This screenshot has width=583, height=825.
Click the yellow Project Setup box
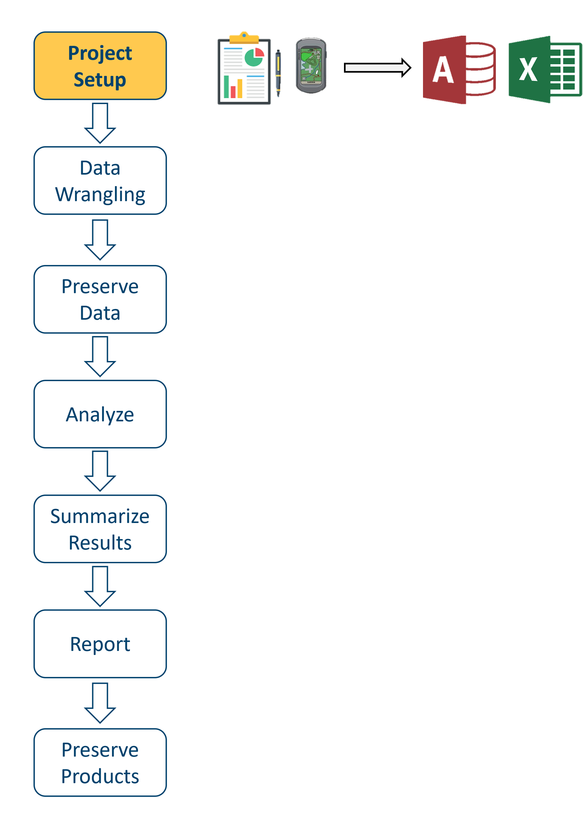[100, 66]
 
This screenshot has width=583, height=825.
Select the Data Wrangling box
[100, 181]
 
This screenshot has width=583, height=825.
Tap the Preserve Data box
[100, 299]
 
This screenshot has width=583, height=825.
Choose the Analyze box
[100, 414]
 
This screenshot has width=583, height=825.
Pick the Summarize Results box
[100, 529]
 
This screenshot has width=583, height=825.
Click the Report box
[100, 644]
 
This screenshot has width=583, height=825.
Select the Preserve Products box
[100, 762]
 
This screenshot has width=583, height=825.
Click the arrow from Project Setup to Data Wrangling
[100, 123]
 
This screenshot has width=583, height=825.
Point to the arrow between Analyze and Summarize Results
[100, 471]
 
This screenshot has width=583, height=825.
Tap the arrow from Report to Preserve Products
[100, 703]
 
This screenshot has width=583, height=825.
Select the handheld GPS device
[311, 65]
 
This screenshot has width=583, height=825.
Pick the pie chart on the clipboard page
[254, 57]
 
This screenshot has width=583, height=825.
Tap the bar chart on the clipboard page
[233, 87]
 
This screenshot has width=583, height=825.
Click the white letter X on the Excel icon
[528, 69]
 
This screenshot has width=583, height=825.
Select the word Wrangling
[100, 194]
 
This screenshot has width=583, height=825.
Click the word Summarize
[100, 516]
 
